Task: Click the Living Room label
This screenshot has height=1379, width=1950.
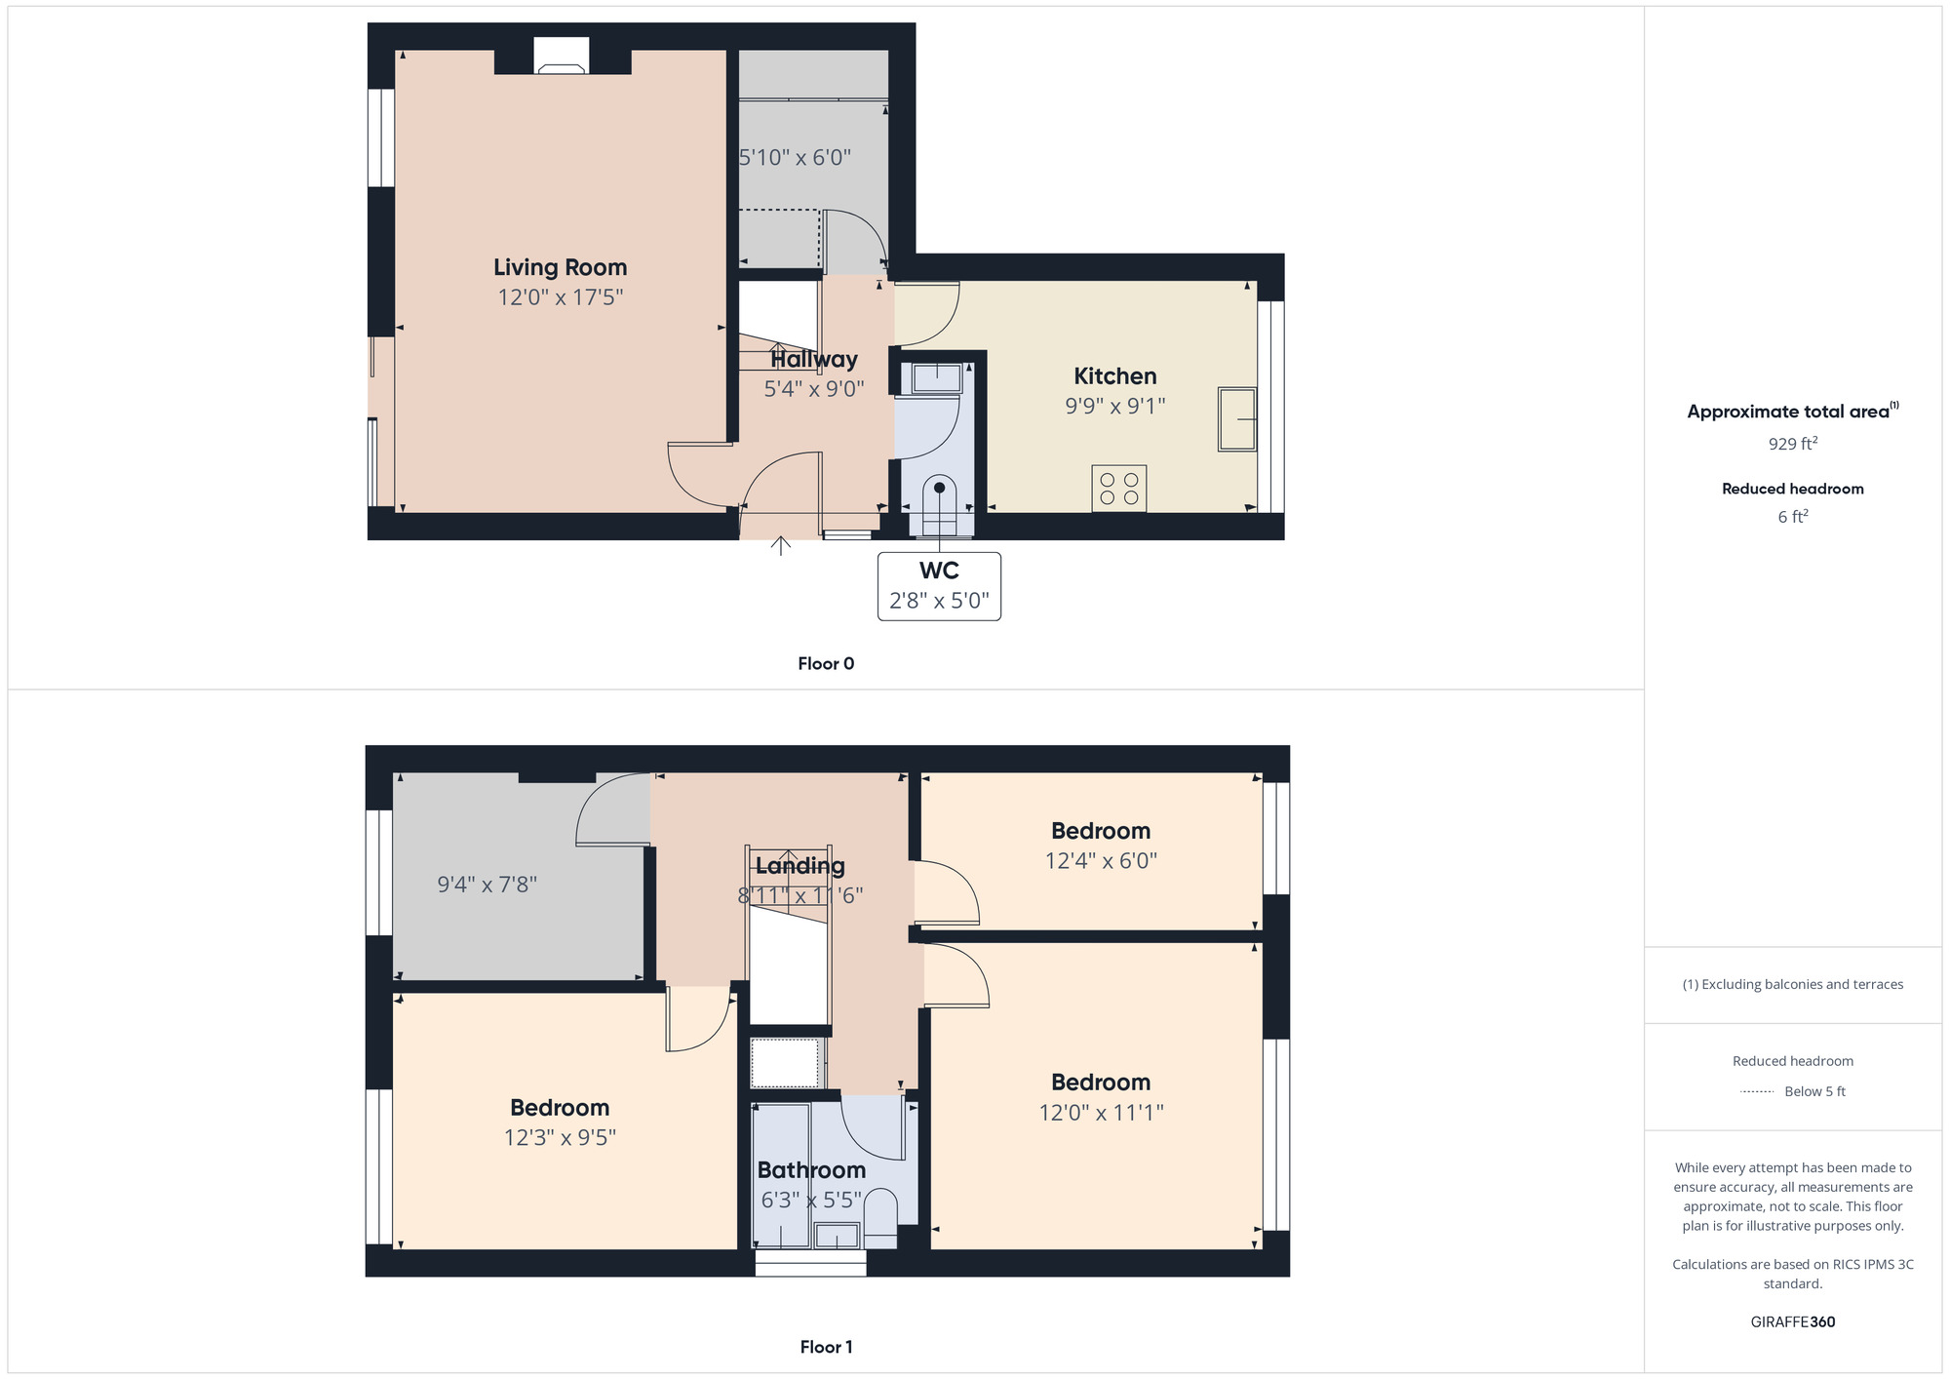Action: [x=560, y=267]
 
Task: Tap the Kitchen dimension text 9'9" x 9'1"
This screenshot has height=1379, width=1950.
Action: [x=1114, y=406]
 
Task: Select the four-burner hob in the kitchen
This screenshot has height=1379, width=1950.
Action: [x=1119, y=489]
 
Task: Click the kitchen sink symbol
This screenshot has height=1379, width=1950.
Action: [x=1237, y=419]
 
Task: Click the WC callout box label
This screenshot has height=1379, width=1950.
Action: [x=939, y=571]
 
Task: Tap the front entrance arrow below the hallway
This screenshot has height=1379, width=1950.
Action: [x=780, y=544]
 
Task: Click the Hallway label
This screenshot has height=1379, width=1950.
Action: [x=814, y=359]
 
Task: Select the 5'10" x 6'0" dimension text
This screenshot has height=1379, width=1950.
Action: [x=795, y=157]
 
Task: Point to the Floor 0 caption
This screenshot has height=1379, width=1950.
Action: [x=826, y=664]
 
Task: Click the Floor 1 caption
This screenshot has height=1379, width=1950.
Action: [x=826, y=1347]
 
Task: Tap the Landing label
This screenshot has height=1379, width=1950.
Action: [x=799, y=865]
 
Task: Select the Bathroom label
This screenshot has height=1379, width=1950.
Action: [x=811, y=1170]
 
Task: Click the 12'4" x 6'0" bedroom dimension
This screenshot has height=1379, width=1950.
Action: [x=1101, y=861]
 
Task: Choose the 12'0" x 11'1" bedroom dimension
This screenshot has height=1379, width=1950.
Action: [x=1101, y=1113]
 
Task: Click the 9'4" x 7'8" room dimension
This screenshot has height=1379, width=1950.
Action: [x=487, y=885]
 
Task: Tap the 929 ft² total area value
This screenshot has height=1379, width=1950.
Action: [x=1793, y=444]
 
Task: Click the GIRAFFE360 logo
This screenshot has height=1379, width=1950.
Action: [x=1793, y=1322]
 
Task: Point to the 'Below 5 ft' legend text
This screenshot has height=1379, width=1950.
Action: [x=1814, y=1091]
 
